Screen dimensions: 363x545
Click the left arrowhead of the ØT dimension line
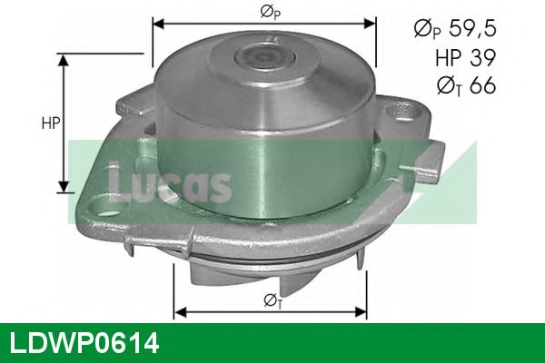(179, 312)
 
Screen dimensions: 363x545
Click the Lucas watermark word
(168, 181)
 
